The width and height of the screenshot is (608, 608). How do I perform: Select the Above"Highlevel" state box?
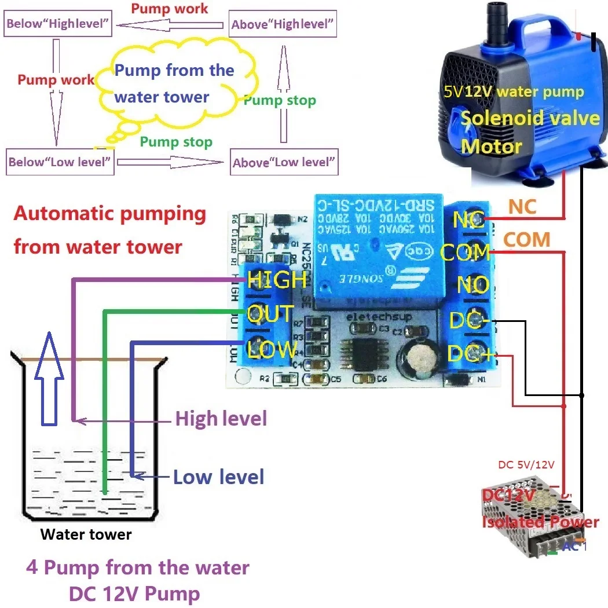tap(283, 25)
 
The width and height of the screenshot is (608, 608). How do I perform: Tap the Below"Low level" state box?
tap(59, 162)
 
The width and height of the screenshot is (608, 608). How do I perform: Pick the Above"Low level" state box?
tap(284, 162)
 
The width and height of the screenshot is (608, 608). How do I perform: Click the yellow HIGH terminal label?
tap(277, 280)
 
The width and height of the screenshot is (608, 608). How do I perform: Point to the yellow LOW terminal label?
tap(272, 349)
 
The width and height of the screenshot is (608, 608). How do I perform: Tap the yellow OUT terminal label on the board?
tap(270, 314)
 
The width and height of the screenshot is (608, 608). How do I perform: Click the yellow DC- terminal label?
tap(470, 320)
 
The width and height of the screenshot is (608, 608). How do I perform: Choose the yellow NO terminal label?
tap(473, 285)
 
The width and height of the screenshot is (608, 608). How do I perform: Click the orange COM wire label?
tap(526, 239)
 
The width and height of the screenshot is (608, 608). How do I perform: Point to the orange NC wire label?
tap(522, 206)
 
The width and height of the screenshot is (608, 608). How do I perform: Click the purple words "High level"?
tap(221, 418)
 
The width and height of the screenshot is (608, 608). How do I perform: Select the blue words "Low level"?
tap(219, 477)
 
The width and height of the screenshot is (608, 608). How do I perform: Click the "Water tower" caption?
tap(86, 534)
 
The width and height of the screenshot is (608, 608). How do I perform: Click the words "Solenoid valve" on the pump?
tap(530, 118)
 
